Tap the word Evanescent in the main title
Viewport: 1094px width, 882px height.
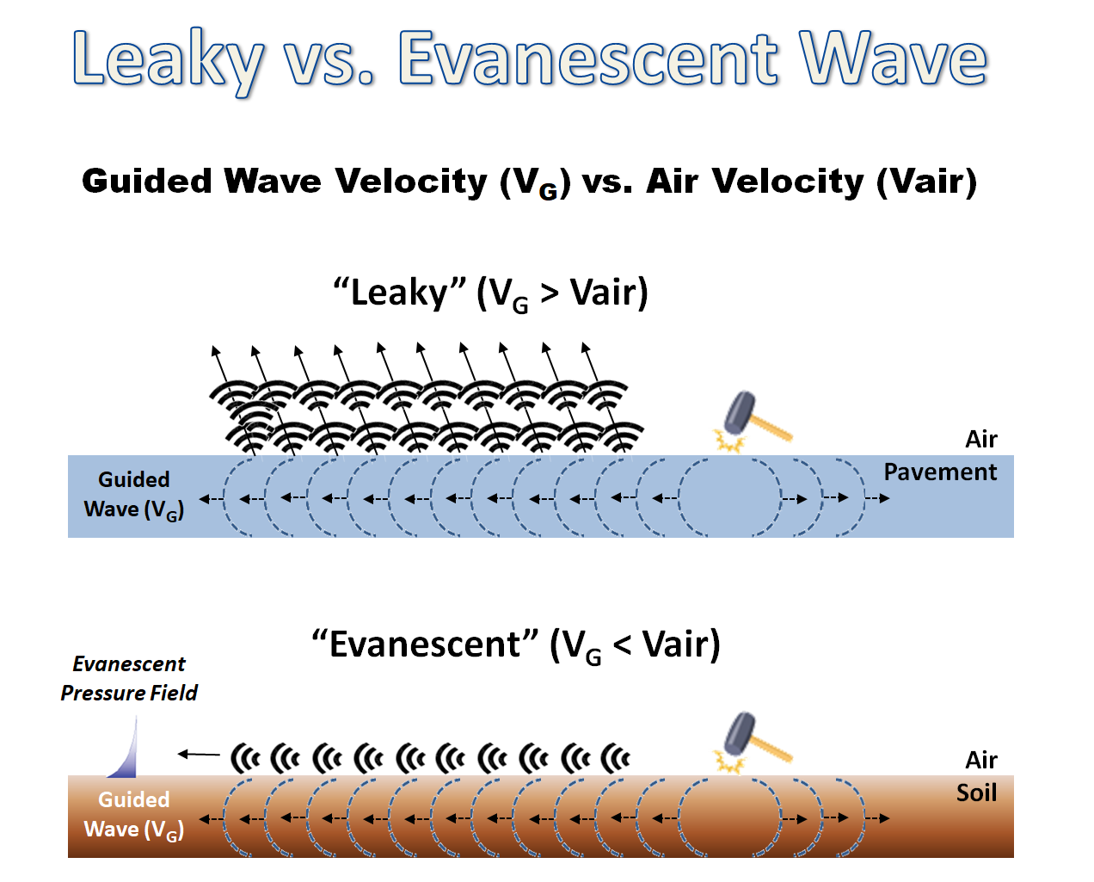[588, 58]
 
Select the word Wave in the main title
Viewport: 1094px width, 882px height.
[893, 57]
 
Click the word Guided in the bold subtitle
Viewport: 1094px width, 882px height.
[147, 181]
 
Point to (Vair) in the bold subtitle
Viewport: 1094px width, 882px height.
[926, 182]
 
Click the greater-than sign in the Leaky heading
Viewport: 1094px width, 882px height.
[550, 293]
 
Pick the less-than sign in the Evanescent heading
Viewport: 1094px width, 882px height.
[622, 645]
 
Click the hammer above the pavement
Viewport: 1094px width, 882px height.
[757, 415]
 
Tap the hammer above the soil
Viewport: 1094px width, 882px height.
[757, 736]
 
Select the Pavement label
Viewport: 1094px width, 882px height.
[940, 472]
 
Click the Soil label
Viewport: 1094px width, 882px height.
[976, 793]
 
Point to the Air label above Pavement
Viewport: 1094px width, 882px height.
[981, 439]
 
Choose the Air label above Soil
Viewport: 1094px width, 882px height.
[981, 760]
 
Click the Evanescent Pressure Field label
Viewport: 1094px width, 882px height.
[129, 678]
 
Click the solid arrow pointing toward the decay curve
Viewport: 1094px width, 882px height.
[199, 754]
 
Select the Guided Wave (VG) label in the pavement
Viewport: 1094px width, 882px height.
[133, 495]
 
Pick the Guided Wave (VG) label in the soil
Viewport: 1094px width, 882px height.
[133, 815]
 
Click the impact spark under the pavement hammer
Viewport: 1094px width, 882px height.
[730, 440]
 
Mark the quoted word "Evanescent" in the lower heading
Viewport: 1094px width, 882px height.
[425, 644]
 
